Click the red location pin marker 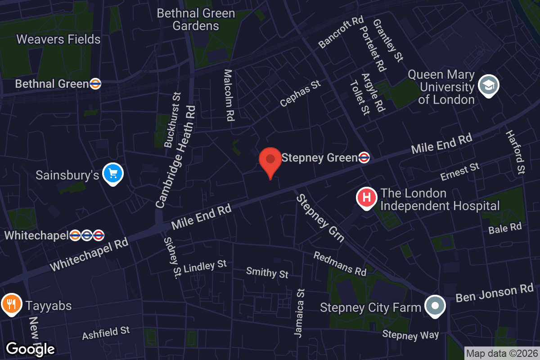(270, 161)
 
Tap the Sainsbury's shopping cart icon (112, 173)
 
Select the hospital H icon (366, 198)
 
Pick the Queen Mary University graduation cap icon (488, 85)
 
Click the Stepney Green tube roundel (364, 157)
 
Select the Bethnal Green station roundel (95, 84)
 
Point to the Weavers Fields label (58, 40)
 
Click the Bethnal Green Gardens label (196, 19)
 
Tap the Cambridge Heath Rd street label (176, 156)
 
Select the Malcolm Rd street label (229, 95)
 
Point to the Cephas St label (300, 93)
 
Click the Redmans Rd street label (340, 264)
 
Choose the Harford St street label (516, 152)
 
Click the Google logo (31, 349)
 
